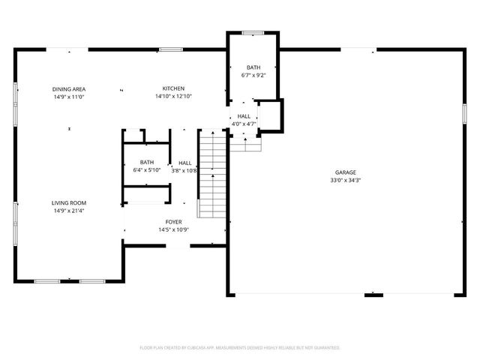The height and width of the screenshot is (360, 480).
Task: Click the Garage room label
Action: click(346, 172)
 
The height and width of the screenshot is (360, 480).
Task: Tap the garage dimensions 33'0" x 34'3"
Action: click(346, 181)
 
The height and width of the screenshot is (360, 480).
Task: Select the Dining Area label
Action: click(68, 88)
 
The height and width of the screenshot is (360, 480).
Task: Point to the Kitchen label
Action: click(173, 88)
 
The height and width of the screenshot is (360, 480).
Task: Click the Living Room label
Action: click(68, 202)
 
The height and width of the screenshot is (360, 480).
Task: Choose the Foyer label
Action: click(173, 222)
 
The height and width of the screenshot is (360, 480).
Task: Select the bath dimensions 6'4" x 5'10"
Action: click(147, 170)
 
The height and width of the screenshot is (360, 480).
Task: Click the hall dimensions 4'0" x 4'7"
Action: click(244, 124)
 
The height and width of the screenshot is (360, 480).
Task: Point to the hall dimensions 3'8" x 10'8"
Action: click(184, 170)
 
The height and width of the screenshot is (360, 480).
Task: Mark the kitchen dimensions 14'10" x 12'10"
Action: click(173, 97)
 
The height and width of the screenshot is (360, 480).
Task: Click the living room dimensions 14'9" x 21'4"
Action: click(68, 211)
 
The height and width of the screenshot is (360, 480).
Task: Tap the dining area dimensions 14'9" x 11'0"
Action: click(68, 97)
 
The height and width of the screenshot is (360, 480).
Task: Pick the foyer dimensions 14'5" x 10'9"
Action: click(173, 229)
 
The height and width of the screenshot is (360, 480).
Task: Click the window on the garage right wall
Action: click(463, 114)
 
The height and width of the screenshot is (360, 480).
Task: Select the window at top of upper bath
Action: click(253, 32)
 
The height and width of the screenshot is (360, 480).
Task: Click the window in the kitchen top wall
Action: click(170, 49)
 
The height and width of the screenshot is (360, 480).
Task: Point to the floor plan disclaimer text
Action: click(240, 347)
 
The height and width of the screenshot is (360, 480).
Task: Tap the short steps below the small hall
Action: click(245, 143)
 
